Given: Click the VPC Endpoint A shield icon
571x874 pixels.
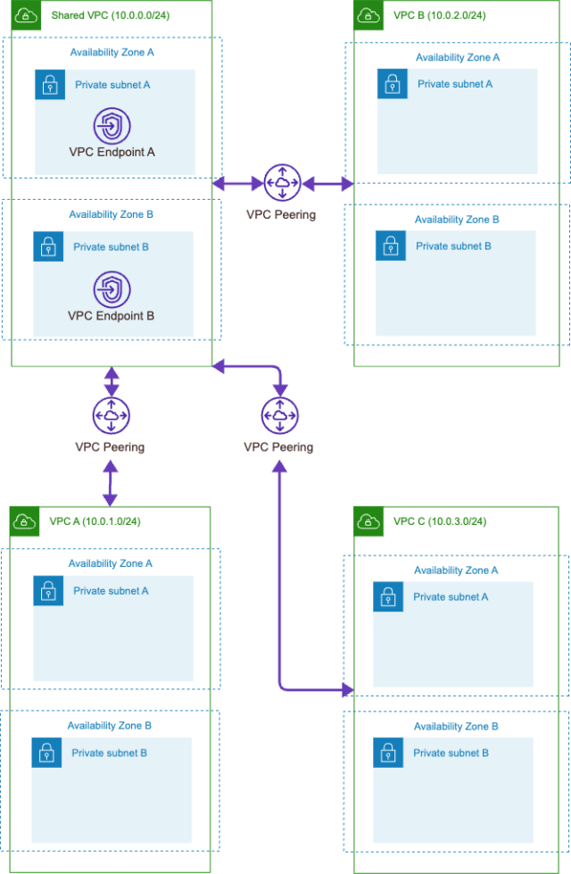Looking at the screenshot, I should [x=112, y=126].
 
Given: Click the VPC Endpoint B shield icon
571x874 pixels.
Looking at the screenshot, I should [x=112, y=289].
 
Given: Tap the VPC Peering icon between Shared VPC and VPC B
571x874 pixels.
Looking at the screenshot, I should [x=283, y=184].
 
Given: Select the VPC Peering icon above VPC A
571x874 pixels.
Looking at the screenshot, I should [x=112, y=415].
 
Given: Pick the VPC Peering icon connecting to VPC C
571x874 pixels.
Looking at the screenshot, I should [x=280, y=416].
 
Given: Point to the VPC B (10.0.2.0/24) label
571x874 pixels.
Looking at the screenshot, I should [x=439, y=15].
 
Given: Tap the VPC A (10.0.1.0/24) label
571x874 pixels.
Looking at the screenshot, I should [x=95, y=521].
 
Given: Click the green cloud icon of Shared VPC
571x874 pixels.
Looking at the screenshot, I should [x=26, y=15].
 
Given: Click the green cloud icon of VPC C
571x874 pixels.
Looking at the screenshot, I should [x=368, y=520].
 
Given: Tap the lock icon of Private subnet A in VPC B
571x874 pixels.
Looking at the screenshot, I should [x=392, y=85].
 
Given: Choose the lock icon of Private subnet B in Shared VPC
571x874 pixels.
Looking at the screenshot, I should [x=48, y=247].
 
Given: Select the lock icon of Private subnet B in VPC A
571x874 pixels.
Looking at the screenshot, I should [x=46, y=753].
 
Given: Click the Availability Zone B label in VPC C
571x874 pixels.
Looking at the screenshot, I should [x=456, y=727].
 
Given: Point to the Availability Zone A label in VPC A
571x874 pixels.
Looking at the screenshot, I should [x=111, y=563].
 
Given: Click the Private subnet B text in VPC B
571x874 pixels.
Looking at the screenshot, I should [x=453, y=246].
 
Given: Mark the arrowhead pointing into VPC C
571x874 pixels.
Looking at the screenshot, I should [x=349, y=689].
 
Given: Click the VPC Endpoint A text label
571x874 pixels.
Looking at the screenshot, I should [x=112, y=152].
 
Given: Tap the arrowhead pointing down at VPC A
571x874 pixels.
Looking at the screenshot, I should [x=112, y=500].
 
